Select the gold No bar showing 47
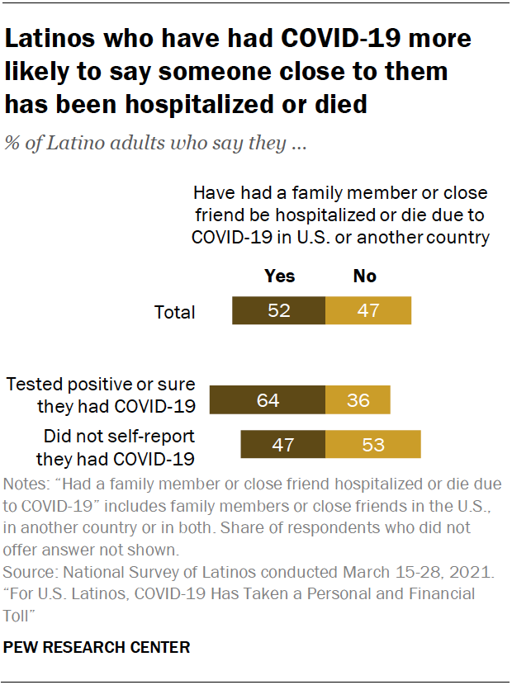[368, 311]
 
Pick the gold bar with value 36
[358, 399]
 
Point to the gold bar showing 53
[373, 443]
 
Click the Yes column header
[279, 276]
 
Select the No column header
[364, 276]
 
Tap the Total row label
[175, 312]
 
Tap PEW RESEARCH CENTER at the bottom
[97, 648]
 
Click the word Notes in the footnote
[26, 484]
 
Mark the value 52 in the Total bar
[279, 311]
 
